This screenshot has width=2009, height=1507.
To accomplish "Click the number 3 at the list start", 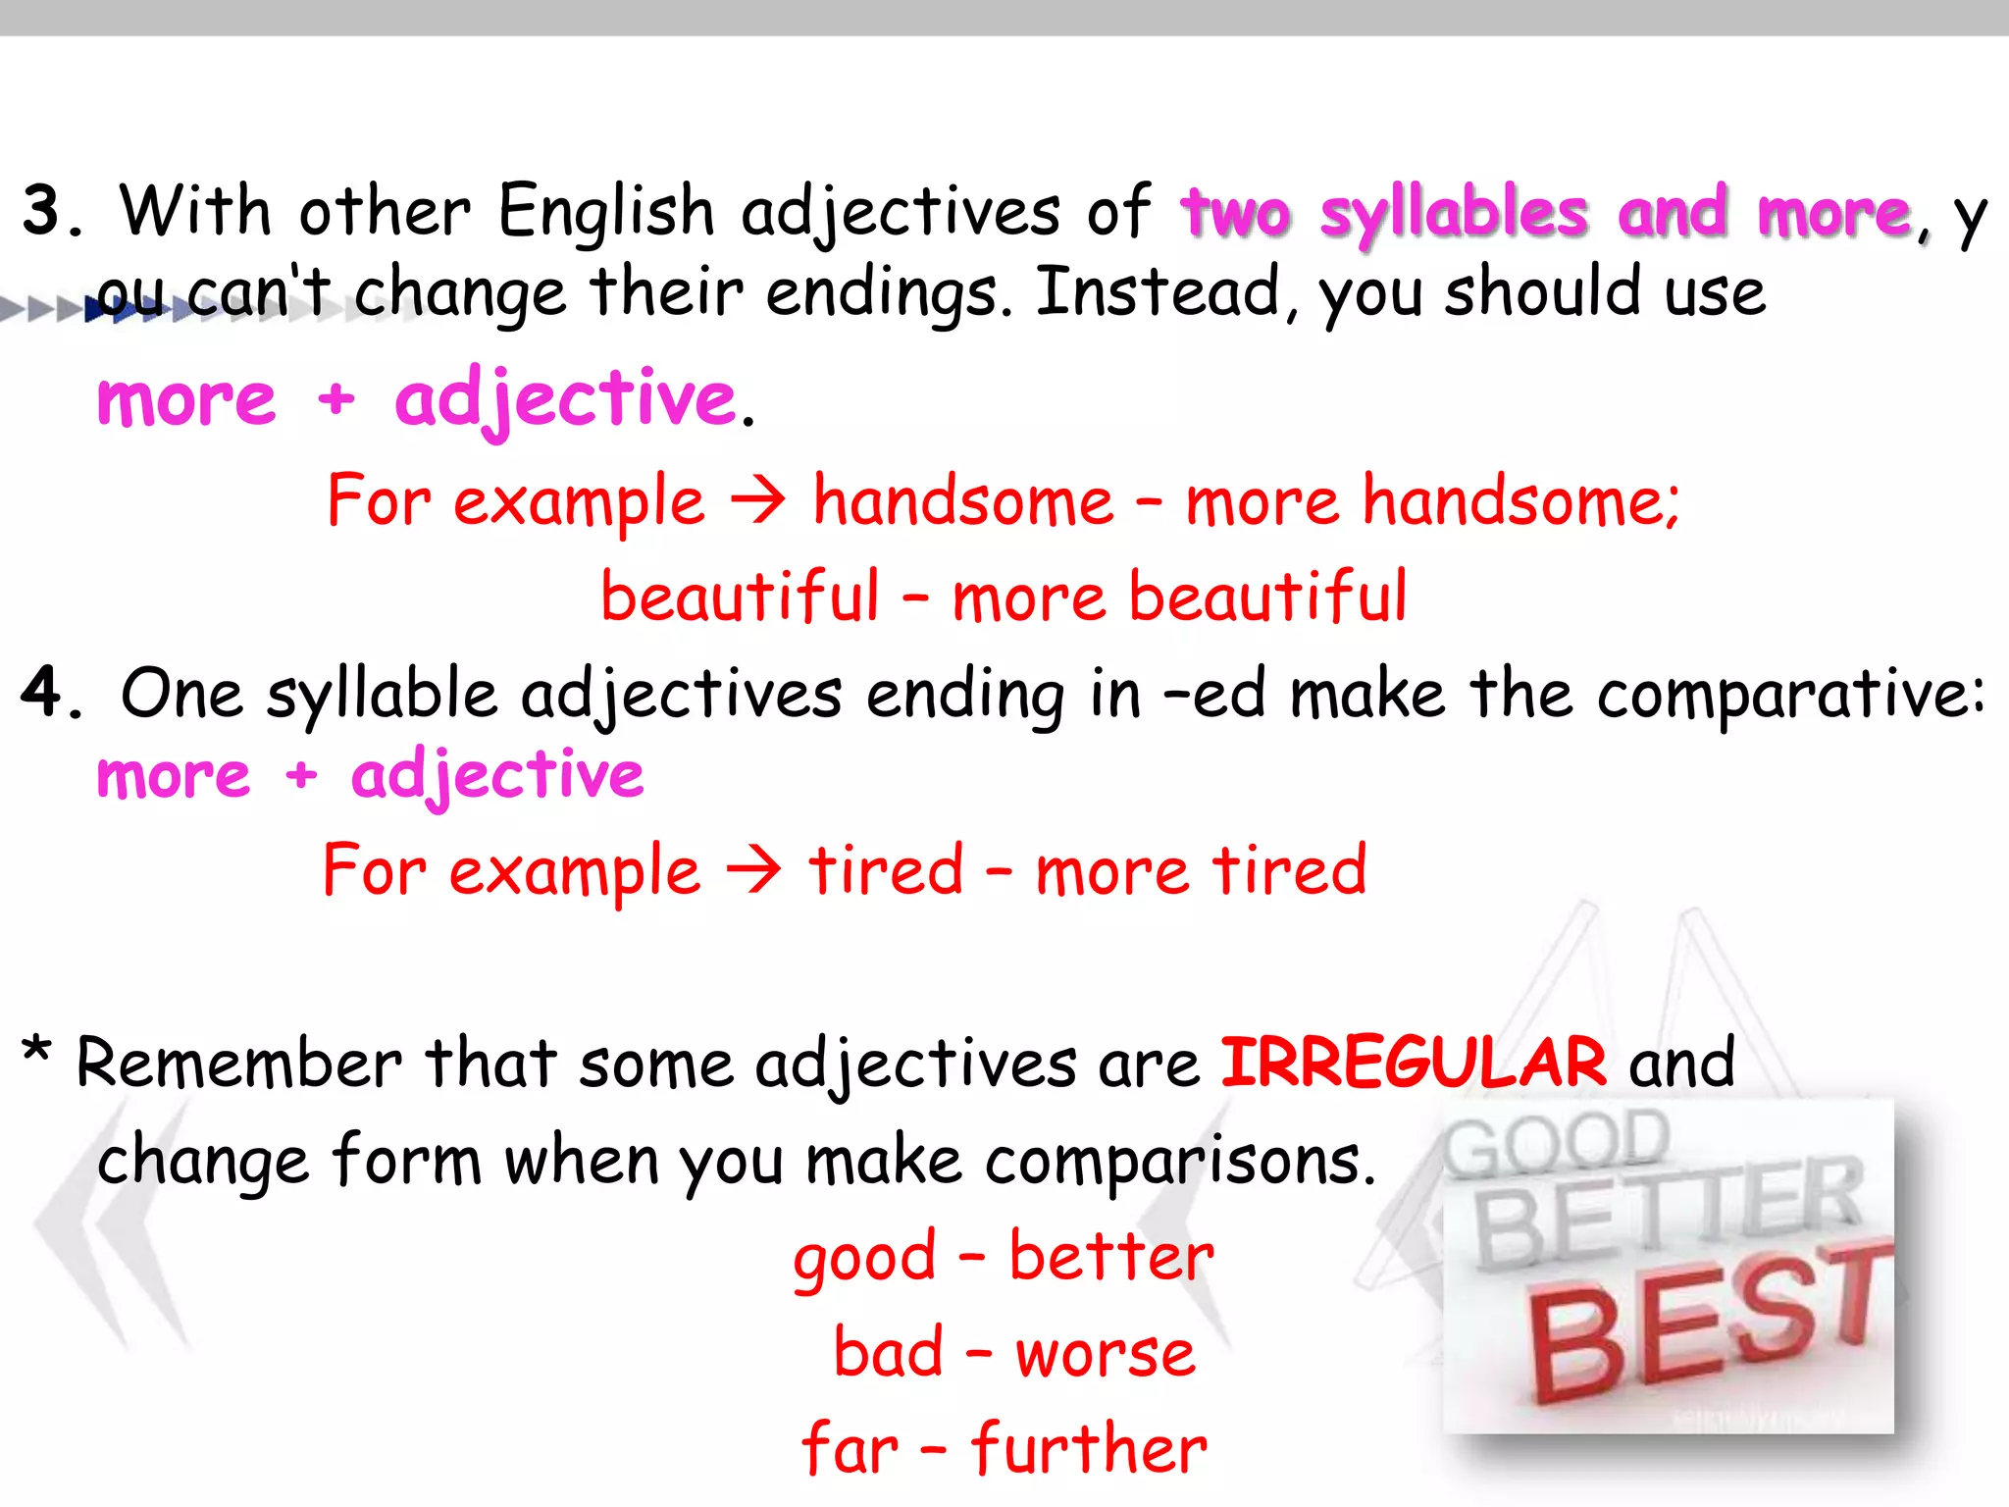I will pyautogui.click(x=43, y=210).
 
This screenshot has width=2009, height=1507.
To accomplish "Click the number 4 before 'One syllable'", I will pyautogui.click(x=42, y=692).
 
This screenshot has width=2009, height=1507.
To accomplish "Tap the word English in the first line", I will pyautogui.click(x=606, y=211).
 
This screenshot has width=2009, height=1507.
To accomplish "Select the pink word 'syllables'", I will pyautogui.click(x=1454, y=214).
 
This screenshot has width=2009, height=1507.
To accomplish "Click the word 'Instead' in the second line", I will pyautogui.click(x=1158, y=292).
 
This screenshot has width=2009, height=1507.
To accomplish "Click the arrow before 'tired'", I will pyautogui.click(x=753, y=869).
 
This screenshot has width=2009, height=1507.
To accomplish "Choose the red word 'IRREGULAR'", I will pyautogui.click(x=1414, y=1063).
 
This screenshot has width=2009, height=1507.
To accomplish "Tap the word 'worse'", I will pyautogui.click(x=1106, y=1354).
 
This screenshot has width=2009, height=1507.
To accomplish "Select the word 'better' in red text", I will pyautogui.click(x=1111, y=1256).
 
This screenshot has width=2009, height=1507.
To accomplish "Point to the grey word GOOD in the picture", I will pyautogui.click(x=1556, y=1144).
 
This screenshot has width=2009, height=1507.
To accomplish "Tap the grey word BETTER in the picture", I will pyautogui.click(x=1668, y=1211).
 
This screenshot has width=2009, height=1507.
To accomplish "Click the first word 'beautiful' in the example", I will pyautogui.click(x=741, y=597).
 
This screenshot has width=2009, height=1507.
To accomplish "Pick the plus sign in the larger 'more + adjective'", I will pyautogui.click(x=335, y=400).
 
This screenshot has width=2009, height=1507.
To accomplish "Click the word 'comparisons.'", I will pyautogui.click(x=1180, y=1162).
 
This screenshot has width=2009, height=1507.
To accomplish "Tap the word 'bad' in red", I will pyautogui.click(x=888, y=1354).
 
